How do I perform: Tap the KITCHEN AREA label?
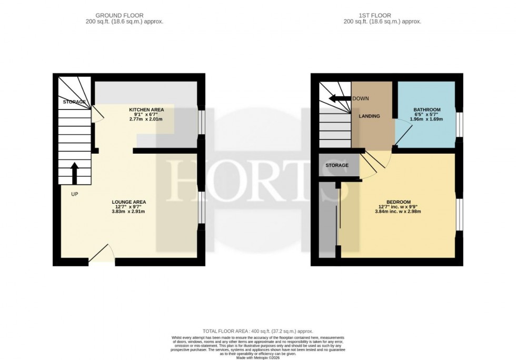pos(146,109)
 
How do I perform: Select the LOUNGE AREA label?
pos(128,202)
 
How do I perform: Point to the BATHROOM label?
pos(426,109)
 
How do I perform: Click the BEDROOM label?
pos(398,202)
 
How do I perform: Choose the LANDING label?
pos(369,116)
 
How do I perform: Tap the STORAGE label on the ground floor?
pos(74,102)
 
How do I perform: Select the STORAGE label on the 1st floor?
pos(337,165)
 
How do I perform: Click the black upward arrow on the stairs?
pos(74,173)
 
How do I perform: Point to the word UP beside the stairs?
pos(74,194)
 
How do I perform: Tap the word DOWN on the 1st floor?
pos(361,98)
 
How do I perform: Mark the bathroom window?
pos(459,124)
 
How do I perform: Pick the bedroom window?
pos(459,215)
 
